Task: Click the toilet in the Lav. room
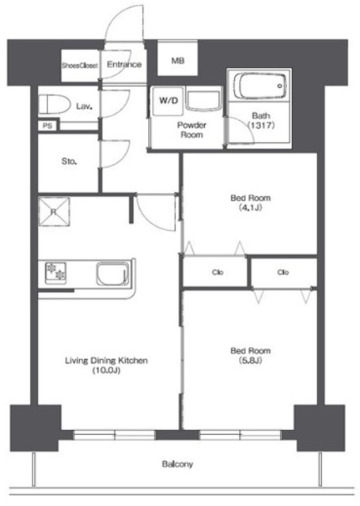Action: coord(55,104)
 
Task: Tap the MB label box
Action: coord(177,58)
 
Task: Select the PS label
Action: coord(47,126)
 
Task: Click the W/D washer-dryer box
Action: coord(169,100)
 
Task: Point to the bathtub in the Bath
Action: coord(260,86)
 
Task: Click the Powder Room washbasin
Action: coord(203,101)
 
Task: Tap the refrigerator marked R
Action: coord(54,212)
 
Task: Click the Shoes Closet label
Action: coord(80,66)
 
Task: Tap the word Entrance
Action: coord(124,65)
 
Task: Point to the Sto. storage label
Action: coord(69,161)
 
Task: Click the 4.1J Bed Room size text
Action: coord(251,208)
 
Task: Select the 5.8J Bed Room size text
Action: coord(251,361)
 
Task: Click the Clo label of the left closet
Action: coord(218,272)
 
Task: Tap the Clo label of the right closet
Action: coord(282,272)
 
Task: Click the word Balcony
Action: coord(177,464)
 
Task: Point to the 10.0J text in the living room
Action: coord(107,371)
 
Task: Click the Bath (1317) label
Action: coord(261,120)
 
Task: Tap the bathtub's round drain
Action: coord(280,86)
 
